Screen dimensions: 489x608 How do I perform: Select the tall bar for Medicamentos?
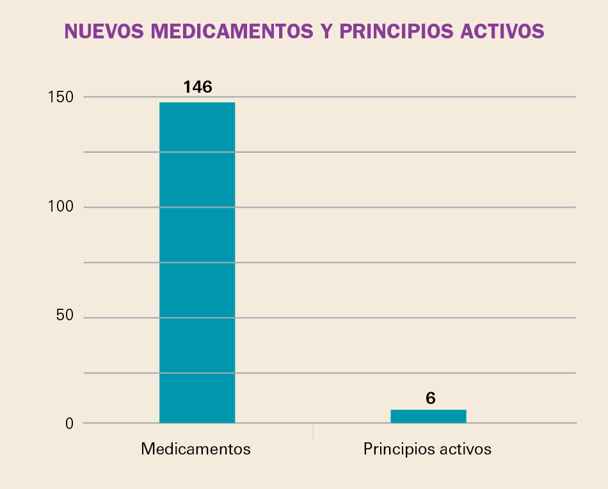click(197, 262)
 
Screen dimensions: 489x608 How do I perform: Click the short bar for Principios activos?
click(428, 416)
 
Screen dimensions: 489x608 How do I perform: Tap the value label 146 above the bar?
click(197, 87)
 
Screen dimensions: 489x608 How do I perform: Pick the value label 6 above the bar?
click(430, 398)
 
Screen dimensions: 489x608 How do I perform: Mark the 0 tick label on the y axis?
click(70, 423)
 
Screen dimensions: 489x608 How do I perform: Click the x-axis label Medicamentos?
click(196, 449)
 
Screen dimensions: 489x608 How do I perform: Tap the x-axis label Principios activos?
click(428, 449)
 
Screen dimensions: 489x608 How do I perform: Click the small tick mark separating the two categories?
click(313, 431)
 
